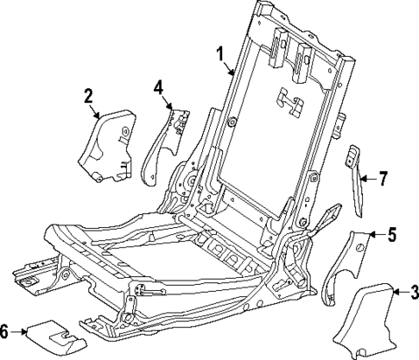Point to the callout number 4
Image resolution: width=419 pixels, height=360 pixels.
[158, 86]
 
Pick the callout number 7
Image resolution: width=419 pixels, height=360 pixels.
[384, 179]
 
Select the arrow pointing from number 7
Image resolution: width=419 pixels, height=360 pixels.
[369, 179]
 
